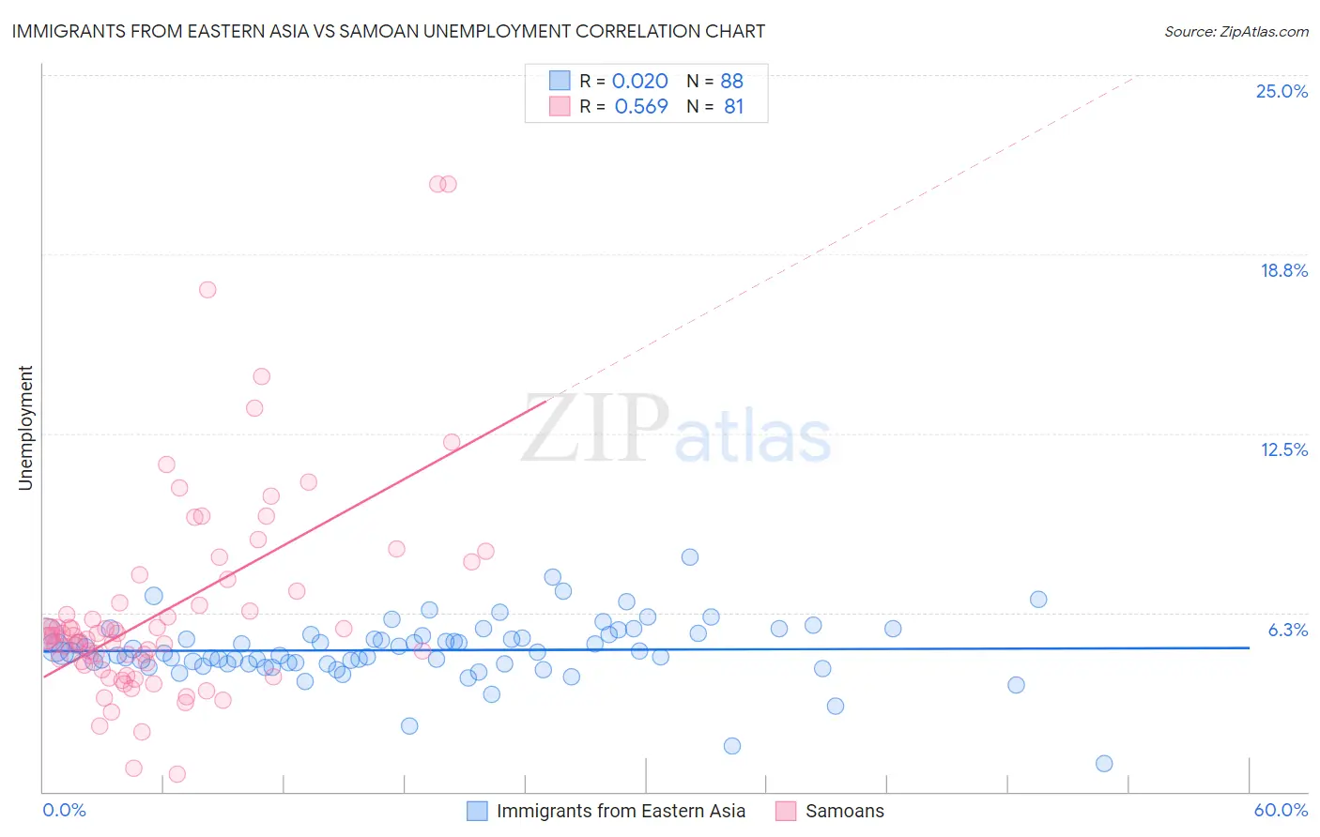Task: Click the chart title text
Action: pyautogui.click(x=388, y=31)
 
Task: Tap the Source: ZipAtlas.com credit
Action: pyautogui.click(x=1236, y=31)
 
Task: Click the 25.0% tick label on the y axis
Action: pyautogui.click(x=1282, y=91)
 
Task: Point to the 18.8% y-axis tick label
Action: pyautogui.click(x=1283, y=270)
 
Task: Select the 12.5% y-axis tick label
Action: pyautogui.click(x=1283, y=449)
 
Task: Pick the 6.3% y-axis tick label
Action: pyautogui.click(x=1287, y=630)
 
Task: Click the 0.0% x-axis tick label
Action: pyautogui.click(x=64, y=810)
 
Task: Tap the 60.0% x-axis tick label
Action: pyautogui.click(x=1281, y=810)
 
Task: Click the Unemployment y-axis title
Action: pyautogui.click(x=25, y=428)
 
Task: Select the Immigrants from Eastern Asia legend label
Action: pyautogui.click(x=621, y=811)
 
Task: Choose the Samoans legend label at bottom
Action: pyautogui.click(x=844, y=811)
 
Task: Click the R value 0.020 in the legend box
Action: pyautogui.click(x=639, y=82)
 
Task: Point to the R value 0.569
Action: pyautogui.click(x=641, y=107)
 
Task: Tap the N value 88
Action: pyautogui.click(x=731, y=82)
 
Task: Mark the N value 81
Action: pyautogui.click(x=733, y=107)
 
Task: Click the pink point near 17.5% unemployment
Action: pyautogui.click(x=207, y=290)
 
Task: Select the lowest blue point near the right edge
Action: pyautogui.click(x=1104, y=764)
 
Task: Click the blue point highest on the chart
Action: pyautogui.click(x=690, y=557)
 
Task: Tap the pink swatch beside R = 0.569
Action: pyautogui.click(x=560, y=106)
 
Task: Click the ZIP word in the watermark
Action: pyautogui.click(x=594, y=428)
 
